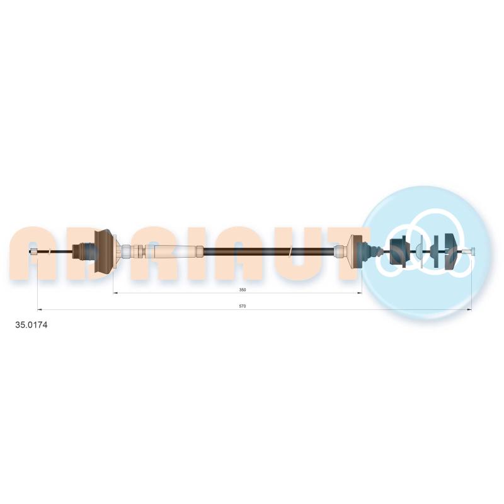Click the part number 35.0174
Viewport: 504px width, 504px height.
click(31, 325)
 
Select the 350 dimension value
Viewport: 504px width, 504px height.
click(243, 290)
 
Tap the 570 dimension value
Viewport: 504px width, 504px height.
click(243, 306)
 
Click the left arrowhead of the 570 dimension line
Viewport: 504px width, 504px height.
click(40, 309)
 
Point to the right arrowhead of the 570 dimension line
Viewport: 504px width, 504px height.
click(469, 309)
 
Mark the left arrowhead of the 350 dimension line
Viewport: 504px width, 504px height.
click(116, 293)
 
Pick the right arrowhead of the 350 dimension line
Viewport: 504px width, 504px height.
click(359, 293)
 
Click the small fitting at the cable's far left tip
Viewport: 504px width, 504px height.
click(33, 251)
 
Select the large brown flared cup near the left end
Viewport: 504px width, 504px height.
click(104, 251)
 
